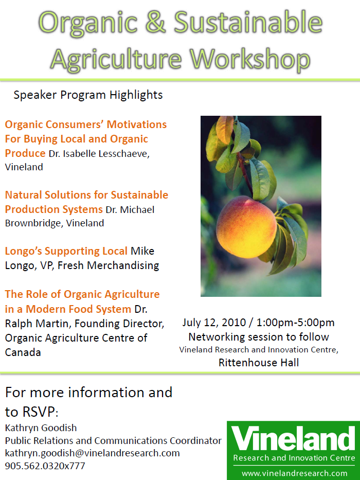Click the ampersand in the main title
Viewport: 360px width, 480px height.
click(x=155, y=22)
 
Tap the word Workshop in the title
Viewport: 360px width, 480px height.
click(x=250, y=59)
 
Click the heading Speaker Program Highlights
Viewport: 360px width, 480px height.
click(x=88, y=95)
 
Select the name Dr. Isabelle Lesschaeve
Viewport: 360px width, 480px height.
click(x=99, y=153)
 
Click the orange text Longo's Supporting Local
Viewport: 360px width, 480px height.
click(x=66, y=251)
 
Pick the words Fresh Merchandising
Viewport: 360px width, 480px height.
click(x=109, y=265)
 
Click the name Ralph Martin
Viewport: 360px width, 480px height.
click(x=38, y=324)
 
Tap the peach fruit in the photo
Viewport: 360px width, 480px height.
click(x=247, y=227)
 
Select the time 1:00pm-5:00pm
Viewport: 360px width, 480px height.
click(x=295, y=323)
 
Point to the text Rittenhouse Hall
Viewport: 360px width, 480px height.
click(x=259, y=363)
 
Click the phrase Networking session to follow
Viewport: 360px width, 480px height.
click(x=259, y=337)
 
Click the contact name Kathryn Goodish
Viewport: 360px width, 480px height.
click(x=41, y=428)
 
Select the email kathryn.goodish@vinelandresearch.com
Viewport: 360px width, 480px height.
click(x=93, y=453)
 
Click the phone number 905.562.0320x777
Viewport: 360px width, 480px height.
click(x=45, y=466)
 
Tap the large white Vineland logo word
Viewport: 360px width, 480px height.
click(x=293, y=439)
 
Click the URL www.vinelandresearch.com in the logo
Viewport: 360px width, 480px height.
click(x=294, y=474)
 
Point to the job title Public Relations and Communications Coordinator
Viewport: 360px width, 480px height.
click(x=113, y=441)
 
